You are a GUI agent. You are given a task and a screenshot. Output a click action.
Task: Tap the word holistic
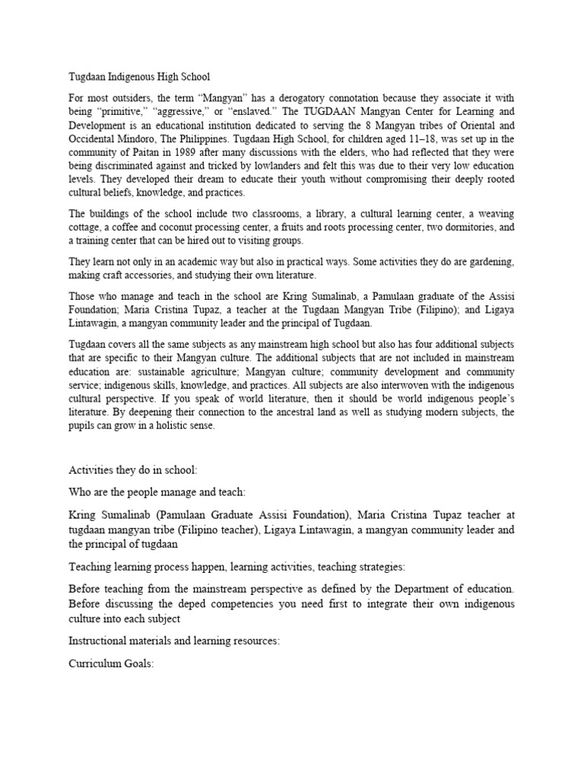coord(172,426)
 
